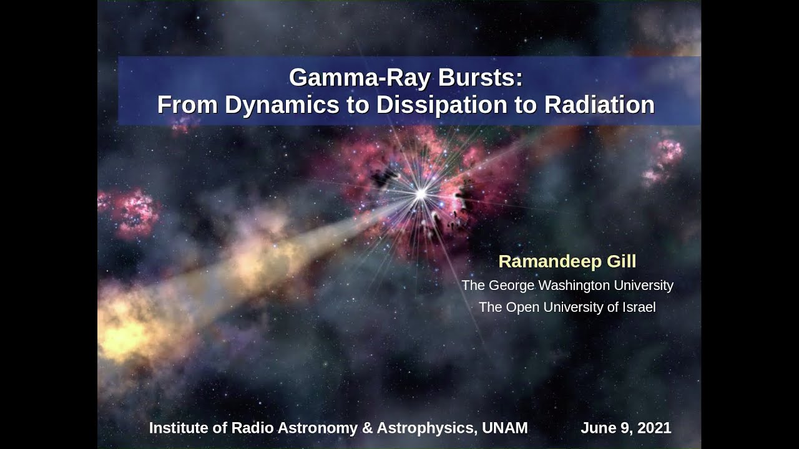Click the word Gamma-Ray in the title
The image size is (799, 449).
click(360, 78)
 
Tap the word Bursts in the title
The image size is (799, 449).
click(480, 77)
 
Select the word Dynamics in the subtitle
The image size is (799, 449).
click(282, 105)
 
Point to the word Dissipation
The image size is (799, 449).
click(441, 105)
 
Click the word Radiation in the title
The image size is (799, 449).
click(599, 105)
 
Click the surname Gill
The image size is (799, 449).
click(621, 261)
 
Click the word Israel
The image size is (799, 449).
click(639, 307)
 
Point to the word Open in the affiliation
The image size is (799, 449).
click(522, 308)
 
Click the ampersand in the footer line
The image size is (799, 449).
click(367, 428)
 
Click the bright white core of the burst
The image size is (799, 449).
click(421, 194)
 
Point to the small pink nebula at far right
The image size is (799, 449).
click(663, 162)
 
